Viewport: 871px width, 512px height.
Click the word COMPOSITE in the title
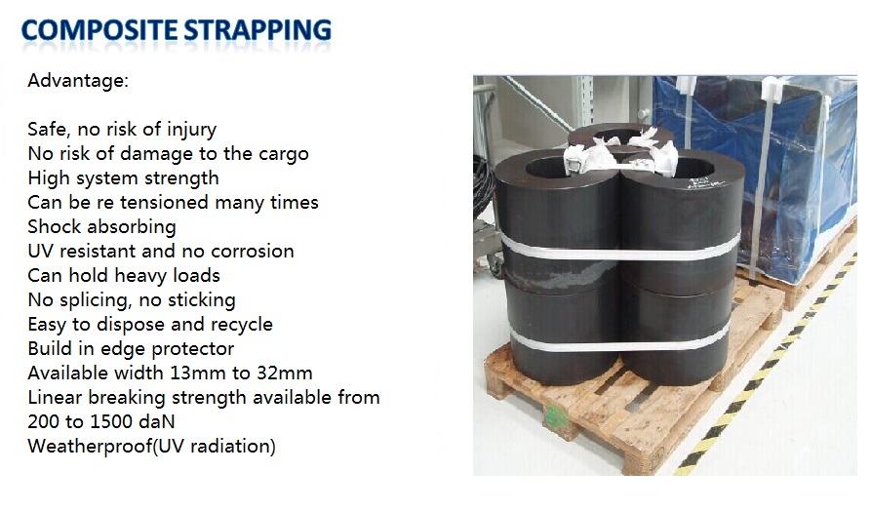pos(99,29)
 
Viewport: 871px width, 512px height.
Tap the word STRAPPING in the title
pos(257,30)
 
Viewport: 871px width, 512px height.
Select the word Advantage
pos(75,81)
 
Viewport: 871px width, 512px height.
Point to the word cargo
pos(283,154)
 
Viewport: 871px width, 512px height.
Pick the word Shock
pos(55,226)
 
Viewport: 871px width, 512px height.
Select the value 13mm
pos(197,373)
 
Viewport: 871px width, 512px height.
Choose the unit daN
pos(156,421)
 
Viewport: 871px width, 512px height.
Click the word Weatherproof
pos(90,446)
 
